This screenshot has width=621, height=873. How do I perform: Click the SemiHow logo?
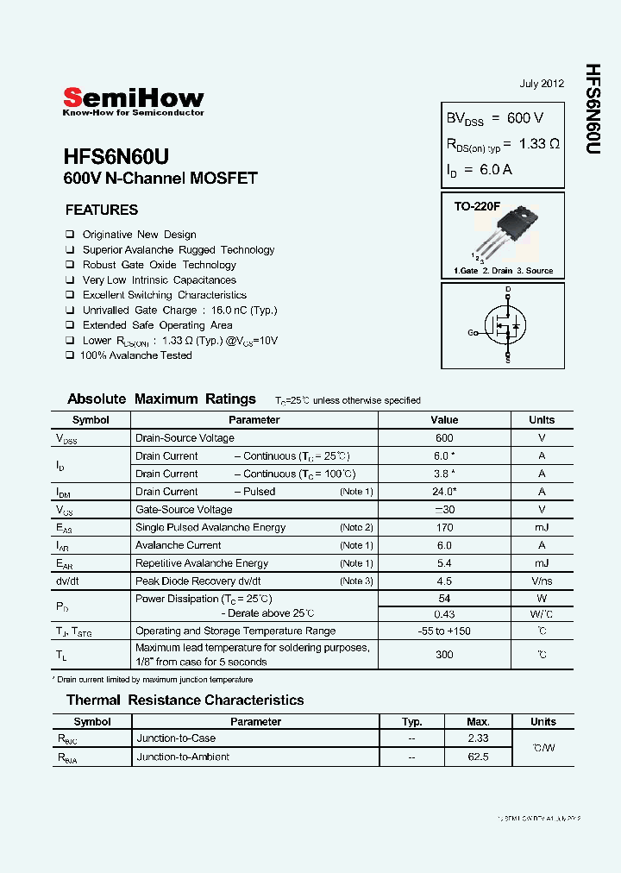point(133,101)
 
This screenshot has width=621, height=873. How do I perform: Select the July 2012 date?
point(542,84)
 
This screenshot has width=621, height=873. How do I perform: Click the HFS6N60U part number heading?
point(116,156)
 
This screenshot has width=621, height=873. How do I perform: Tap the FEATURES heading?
point(102,210)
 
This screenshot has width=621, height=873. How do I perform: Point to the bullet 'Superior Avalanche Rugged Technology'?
point(178,250)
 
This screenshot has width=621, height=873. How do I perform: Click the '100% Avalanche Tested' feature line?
point(135,355)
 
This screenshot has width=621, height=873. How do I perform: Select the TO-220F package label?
point(477,208)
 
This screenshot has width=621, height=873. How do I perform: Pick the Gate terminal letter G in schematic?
point(471,333)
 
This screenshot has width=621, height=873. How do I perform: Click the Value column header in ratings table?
point(444,420)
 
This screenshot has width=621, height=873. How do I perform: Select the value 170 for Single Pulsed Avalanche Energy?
point(444,527)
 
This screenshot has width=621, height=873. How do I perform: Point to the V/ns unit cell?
point(542,581)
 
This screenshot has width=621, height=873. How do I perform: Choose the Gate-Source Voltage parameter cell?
point(184,510)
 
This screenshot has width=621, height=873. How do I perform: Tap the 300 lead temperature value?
point(444,655)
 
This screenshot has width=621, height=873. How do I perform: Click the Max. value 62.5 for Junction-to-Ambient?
point(478,757)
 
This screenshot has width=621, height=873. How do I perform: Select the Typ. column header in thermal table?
point(412,722)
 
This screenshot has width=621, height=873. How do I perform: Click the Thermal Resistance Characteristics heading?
point(185,700)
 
